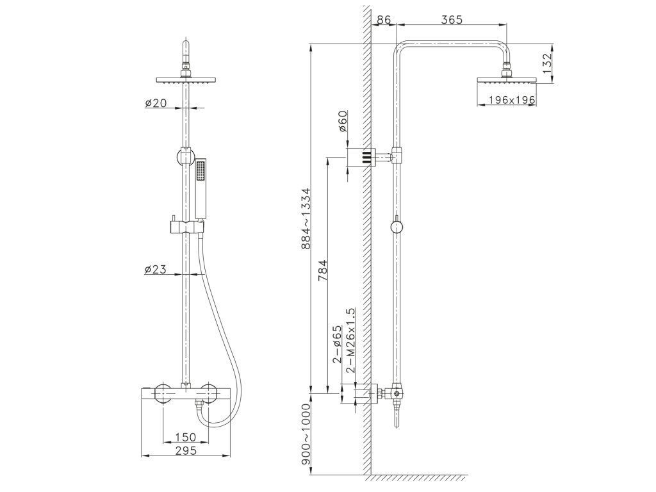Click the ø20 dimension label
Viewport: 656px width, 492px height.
coord(156,103)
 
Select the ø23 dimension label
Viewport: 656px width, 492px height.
coord(156,270)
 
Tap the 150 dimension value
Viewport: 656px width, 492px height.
coord(185,437)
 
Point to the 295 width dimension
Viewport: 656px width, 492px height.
coord(185,450)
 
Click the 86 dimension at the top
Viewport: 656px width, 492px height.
coord(384,20)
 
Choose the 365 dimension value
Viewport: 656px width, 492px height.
coord(452,20)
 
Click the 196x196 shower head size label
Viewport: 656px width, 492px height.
coord(511,100)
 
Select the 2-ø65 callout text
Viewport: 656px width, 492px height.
coord(337,345)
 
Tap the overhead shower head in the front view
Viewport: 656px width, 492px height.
coord(186,80)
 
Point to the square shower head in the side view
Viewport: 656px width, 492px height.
coord(506,80)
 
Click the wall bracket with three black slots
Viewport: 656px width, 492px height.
coord(361,156)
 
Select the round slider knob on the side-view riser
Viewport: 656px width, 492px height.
coord(397,227)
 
